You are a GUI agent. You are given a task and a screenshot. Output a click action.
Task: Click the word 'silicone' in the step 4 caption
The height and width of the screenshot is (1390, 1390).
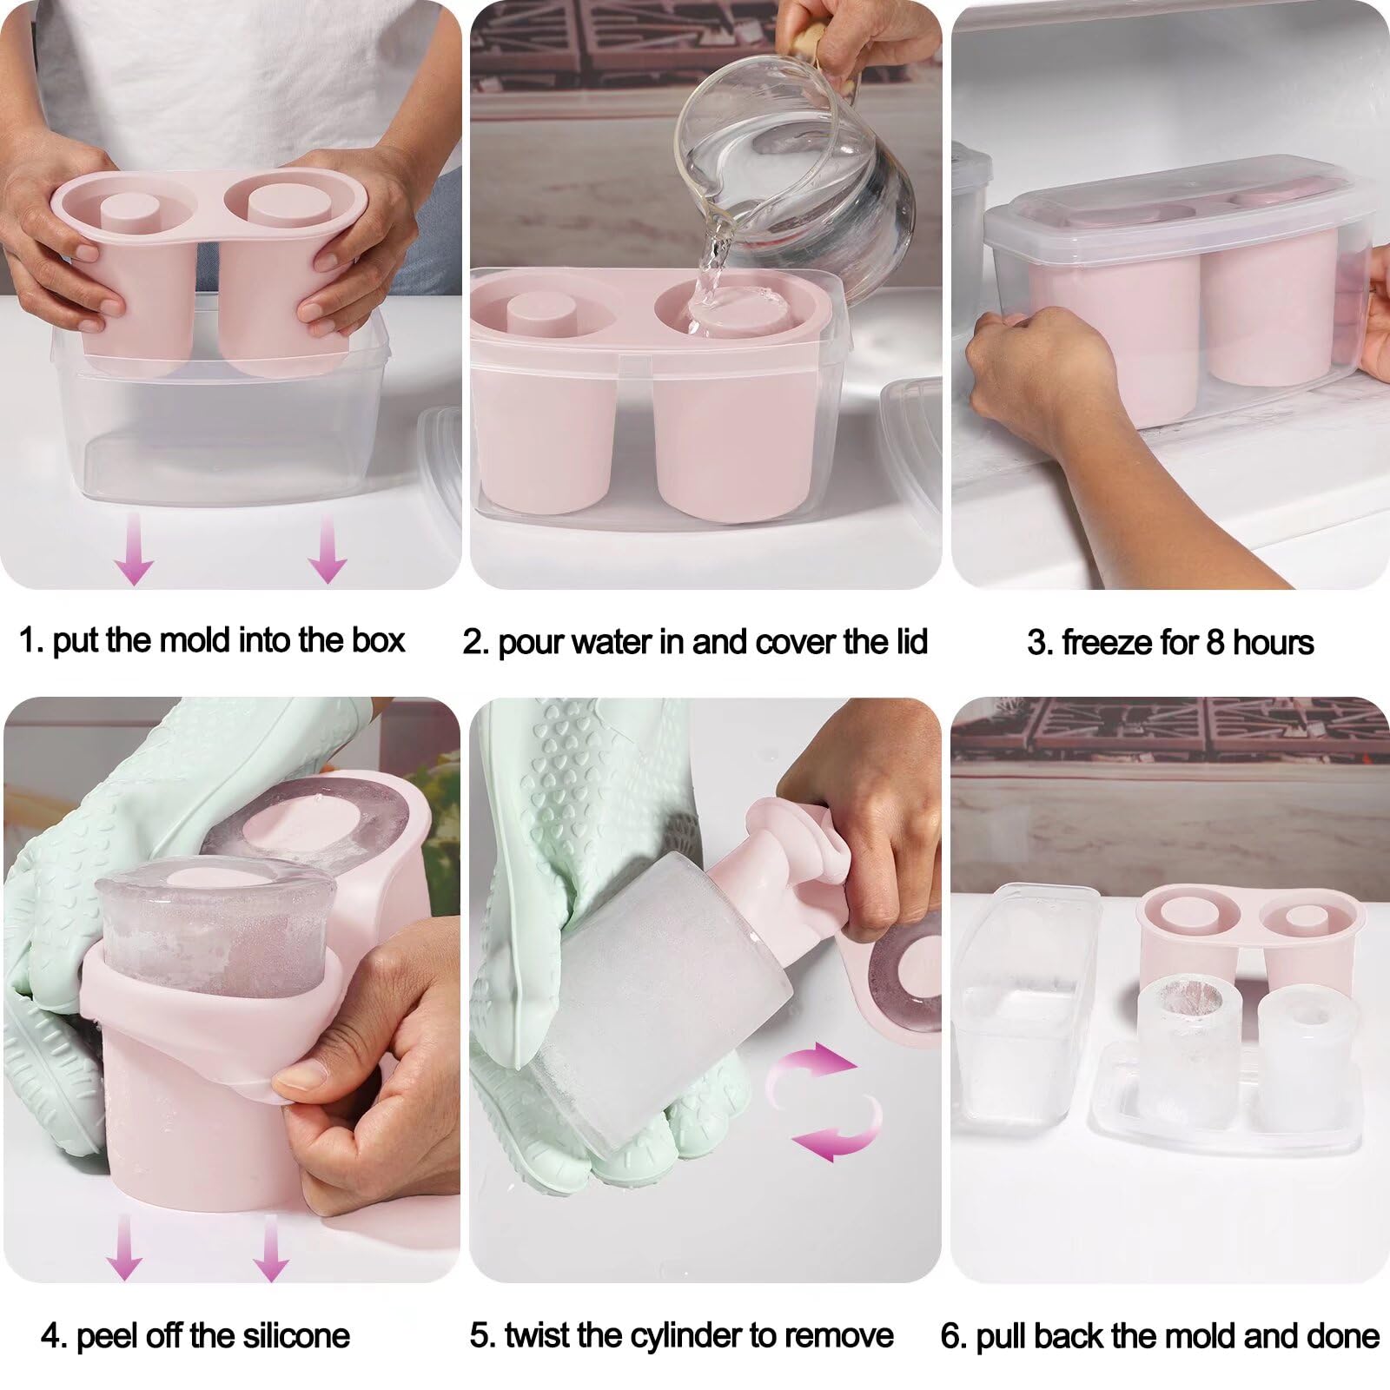coord(296,1335)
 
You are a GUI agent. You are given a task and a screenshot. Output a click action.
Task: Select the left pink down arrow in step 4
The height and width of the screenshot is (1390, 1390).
coord(123,1247)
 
